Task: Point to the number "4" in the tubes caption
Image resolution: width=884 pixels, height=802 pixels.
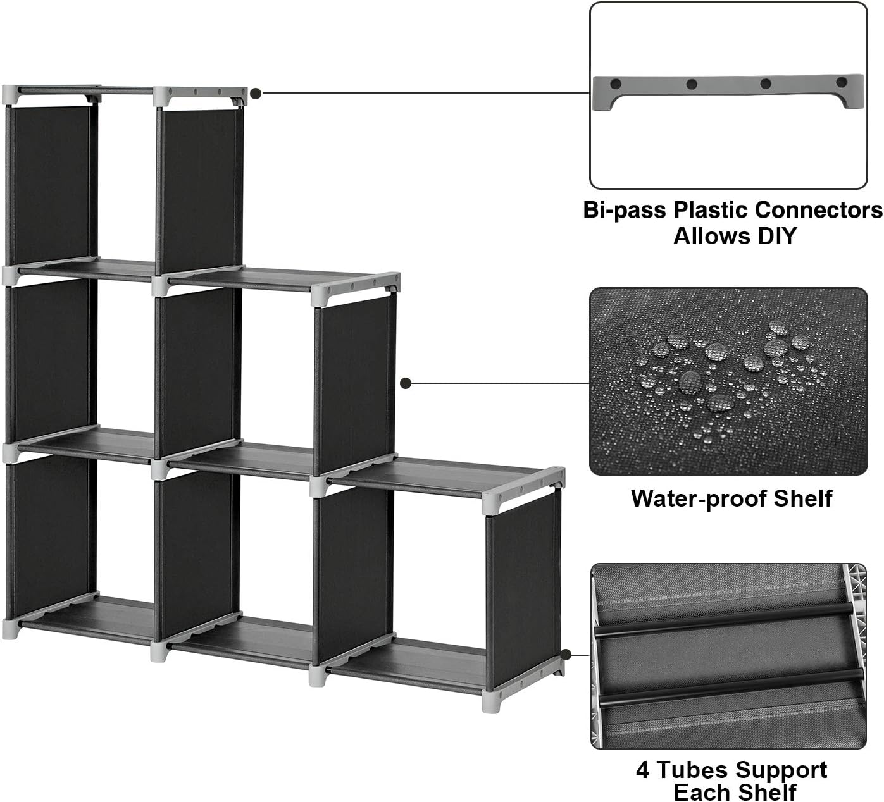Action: point(643,770)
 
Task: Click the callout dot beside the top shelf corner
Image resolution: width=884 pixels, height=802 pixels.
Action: point(256,94)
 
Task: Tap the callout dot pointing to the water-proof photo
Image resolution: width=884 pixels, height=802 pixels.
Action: point(406,383)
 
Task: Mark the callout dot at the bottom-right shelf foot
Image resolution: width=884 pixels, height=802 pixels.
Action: point(566,655)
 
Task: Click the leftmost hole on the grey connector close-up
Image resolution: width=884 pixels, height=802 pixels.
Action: point(614,83)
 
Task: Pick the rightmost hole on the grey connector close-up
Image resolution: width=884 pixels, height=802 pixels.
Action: point(841,83)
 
